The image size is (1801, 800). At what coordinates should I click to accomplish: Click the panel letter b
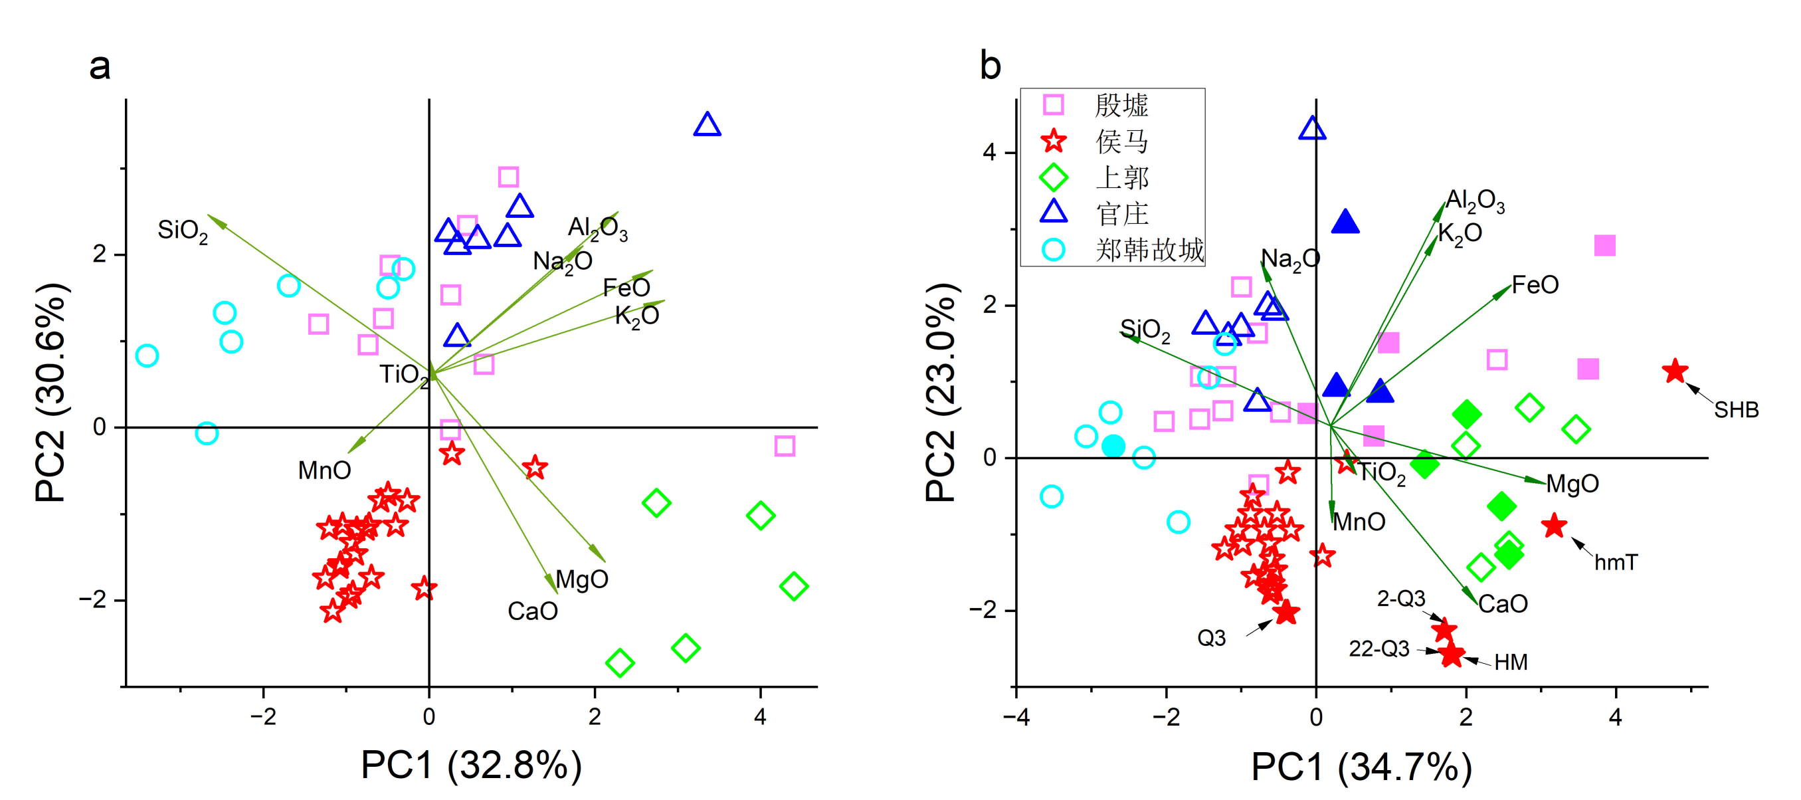pyautogui.click(x=990, y=66)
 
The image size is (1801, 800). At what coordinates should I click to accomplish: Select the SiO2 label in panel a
pyautogui.click(x=183, y=231)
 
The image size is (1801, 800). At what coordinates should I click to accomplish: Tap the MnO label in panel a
pyautogui.click(x=324, y=470)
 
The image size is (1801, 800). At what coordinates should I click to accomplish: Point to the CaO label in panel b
pyautogui.click(x=1503, y=604)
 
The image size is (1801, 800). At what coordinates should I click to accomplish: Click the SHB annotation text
pyautogui.click(x=1736, y=410)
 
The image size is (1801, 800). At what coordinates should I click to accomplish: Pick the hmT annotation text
pyautogui.click(x=1616, y=562)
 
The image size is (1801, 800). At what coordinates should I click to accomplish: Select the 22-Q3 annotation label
pyautogui.click(x=1378, y=649)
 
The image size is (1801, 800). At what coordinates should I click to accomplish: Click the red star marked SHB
pyautogui.click(x=1675, y=371)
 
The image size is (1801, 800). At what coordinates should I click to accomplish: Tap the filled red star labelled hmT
pyautogui.click(x=1553, y=526)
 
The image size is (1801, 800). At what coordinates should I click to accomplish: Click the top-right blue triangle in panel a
pyautogui.click(x=707, y=125)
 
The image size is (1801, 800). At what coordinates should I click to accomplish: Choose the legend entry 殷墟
pyautogui.click(x=1121, y=106)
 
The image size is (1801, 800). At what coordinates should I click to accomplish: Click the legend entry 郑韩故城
pyautogui.click(x=1149, y=250)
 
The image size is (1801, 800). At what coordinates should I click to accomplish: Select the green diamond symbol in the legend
pyautogui.click(x=1054, y=177)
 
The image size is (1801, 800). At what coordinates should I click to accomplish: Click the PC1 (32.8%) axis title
pyautogui.click(x=471, y=765)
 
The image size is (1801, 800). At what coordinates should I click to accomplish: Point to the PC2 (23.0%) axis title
pyautogui.click(x=940, y=392)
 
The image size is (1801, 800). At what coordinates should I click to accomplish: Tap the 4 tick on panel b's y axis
pyautogui.click(x=989, y=152)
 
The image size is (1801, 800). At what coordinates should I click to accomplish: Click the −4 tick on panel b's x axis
pyautogui.click(x=1016, y=718)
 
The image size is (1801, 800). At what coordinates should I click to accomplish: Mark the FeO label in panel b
pyautogui.click(x=1535, y=285)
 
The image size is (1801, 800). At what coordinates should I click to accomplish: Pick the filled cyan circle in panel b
pyautogui.click(x=1113, y=446)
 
